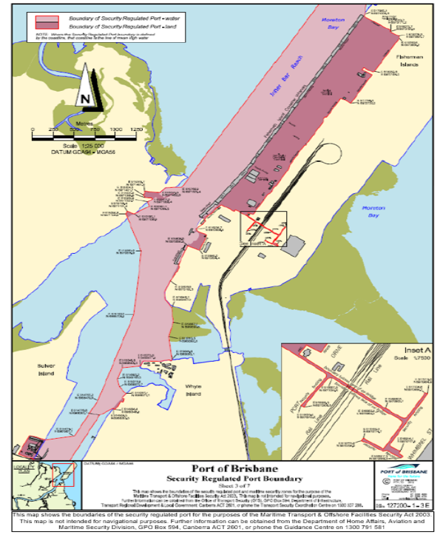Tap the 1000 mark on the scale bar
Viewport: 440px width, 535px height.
(x=115, y=129)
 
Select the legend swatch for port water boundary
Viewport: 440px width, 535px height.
(x=44, y=17)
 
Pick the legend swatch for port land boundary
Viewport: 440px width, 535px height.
(x=44, y=27)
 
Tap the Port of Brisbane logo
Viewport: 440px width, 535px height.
(x=400, y=472)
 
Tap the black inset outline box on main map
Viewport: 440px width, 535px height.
(x=263, y=229)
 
